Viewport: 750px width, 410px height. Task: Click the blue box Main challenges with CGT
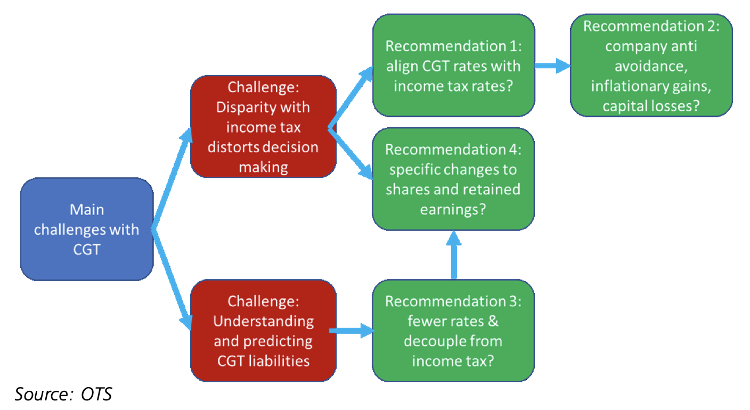click(x=87, y=229)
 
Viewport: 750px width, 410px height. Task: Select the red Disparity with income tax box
click(x=263, y=127)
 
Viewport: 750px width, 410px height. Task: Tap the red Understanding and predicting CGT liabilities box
click(x=263, y=331)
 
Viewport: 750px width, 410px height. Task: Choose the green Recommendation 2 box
click(x=651, y=65)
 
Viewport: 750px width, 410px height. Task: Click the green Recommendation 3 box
click(x=453, y=331)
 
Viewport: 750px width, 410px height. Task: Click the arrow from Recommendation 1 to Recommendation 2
click(x=552, y=66)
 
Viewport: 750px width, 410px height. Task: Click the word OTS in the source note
click(x=97, y=395)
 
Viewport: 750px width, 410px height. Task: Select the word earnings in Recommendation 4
click(x=446, y=210)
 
